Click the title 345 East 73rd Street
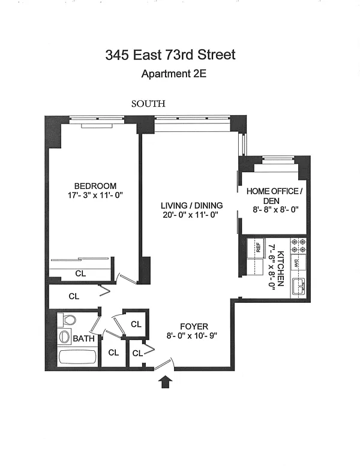pos(170,55)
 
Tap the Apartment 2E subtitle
pos(173,73)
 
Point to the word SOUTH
pos(148,104)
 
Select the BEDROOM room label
pos(95,186)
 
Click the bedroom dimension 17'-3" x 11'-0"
pos(95,196)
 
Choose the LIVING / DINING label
pos(192,205)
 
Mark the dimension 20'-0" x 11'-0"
pos(191,215)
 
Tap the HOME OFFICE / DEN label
pos(274,196)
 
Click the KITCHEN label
pos(280,269)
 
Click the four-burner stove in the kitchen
pos(298,246)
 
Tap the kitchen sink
pos(299,287)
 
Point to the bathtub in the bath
pos(77,357)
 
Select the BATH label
pos(83,338)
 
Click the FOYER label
pos(194,327)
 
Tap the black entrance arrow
pos(166,382)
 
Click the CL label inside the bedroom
pos(80,273)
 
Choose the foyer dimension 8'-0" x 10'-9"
pos(192,336)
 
